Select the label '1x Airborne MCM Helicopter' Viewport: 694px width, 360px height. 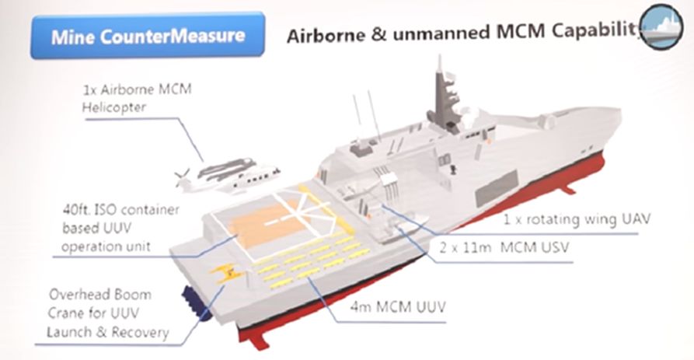137,98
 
